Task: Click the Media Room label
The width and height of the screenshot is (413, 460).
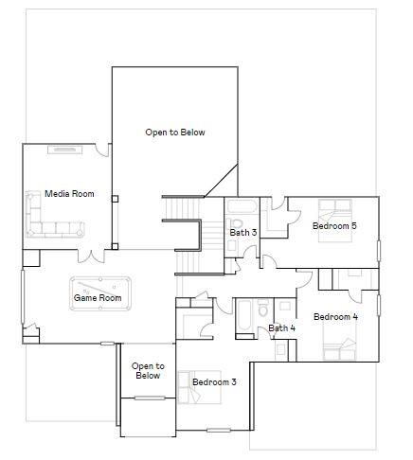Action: click(x=69, y=194)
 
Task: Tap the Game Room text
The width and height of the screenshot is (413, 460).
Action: click(x=98, y=298)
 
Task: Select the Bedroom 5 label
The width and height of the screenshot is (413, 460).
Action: click(x=334, y=225)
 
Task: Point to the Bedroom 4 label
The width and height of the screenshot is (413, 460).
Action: click(x=334, y=316)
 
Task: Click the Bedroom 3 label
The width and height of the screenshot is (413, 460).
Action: click(x=214, y=382)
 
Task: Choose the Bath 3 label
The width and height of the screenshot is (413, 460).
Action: click(x=243, y=232)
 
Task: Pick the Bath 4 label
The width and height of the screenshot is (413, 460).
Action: click(x=281, y=328)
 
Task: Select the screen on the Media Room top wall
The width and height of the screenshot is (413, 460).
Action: click(x=65, y=149)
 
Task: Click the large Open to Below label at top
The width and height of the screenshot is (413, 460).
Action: click(x=174, y=133)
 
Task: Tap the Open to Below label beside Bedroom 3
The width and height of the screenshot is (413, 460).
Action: click(x=148, y=371)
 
